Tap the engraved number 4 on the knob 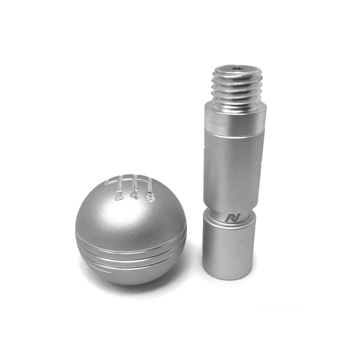135,197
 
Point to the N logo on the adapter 229,219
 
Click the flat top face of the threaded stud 238,69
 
